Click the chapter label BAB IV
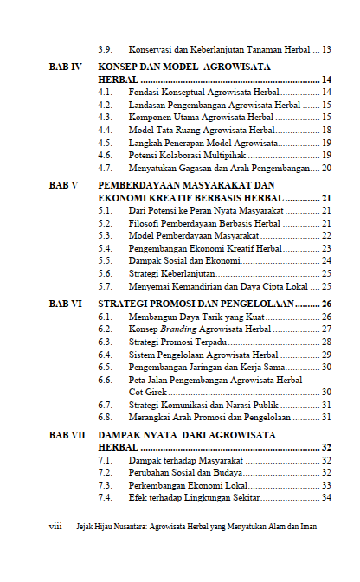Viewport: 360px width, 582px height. [x=65, y=66]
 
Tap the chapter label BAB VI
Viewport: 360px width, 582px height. [x=65, y=304]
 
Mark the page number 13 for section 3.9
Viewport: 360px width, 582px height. [x=326, y=49]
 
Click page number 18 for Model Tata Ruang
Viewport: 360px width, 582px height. [x=326, y=130]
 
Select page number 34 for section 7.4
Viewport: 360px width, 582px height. [x=326, y=497]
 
